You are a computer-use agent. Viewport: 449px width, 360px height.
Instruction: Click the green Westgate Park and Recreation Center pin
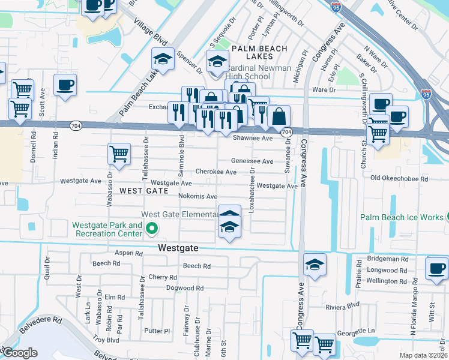(152, 229)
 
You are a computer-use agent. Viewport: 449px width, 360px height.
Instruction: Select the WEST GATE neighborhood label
(144, 190)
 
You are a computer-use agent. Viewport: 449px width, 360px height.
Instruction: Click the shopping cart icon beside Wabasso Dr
(119, 154)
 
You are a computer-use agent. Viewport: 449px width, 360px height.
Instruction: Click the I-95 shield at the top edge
(337, 7)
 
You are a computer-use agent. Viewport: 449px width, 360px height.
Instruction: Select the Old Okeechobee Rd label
(399, 179)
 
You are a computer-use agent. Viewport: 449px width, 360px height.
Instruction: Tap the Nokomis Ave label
(197, 196)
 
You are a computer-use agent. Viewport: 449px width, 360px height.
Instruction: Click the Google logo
(19, 353)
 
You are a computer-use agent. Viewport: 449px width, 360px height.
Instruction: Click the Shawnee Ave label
(253, 138)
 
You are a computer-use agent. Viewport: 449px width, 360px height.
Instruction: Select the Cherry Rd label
(163, 277)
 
